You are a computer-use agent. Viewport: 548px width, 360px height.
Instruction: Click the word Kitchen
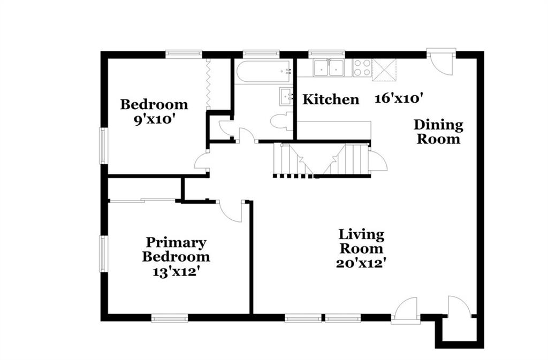(x=331, y=99)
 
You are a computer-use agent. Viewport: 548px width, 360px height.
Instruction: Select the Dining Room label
(x=439, y=132)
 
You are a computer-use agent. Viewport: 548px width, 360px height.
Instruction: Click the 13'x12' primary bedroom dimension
(x=176, y=272)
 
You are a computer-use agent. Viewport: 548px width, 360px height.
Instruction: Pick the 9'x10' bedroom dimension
(x=154, y=120)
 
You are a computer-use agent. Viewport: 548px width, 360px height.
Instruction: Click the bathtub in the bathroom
(x=264, y=71)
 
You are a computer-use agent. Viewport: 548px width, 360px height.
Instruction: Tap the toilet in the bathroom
(x=281, y=121)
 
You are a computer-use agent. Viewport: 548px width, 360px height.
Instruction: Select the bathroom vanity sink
(x=286, y=96)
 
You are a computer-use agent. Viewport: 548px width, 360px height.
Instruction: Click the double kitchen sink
(x=329, y=68)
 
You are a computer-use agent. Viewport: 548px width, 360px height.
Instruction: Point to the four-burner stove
(x=362, y=68)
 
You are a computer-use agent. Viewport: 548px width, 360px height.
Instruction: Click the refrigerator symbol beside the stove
(x=384, y=70)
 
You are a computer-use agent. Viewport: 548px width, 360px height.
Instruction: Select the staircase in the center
(x=321, y=160)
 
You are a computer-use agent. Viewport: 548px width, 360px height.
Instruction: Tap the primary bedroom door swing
(x=230, y=211)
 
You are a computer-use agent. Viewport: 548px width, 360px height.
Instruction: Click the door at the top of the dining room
(x=441, y=63)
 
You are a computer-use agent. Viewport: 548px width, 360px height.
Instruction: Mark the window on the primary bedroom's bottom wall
(x=170, y=318)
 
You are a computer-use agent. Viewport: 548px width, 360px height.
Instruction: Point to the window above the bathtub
(x=261, y=54)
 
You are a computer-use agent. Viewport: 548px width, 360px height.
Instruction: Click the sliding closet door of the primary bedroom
(x=142, y=200)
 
